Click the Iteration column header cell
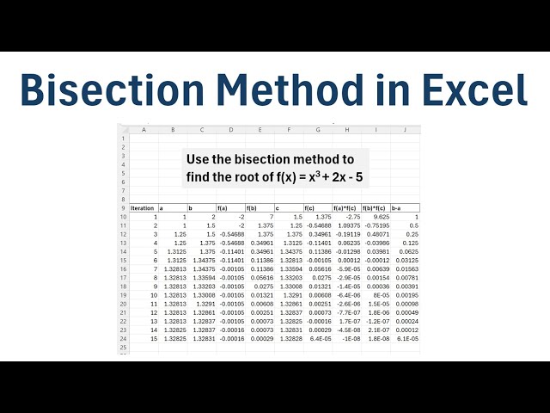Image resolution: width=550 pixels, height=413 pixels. pos(143,207)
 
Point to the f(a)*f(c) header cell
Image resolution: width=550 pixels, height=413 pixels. pos(348,207)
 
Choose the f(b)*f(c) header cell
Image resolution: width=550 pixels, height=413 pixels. pos(376,207)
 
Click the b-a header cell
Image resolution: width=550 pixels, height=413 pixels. pos(405,207)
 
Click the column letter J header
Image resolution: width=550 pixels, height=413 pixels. pos(405,129)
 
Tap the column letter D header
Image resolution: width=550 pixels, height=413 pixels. pos(230,129)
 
